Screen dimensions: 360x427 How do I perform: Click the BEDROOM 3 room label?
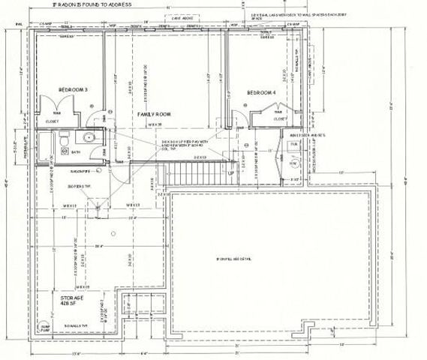pyautogui.click(x=74, y=91)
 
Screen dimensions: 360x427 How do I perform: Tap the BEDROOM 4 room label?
pyautogui.click(x=262, y=92)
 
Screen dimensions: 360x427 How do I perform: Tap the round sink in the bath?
pyautogui.click(x=88, y=137)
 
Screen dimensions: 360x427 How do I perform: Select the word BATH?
pyautogui.click(x=74, y=151)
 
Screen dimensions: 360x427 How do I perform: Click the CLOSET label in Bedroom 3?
pyautogui.click(x=52, y=120)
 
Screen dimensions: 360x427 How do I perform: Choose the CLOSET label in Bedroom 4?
pyautogui.click(x=278, y=118)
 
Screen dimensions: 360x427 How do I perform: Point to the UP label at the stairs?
pyautogui.click(x=230, y=174)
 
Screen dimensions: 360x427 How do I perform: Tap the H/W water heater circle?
pyautogui.click(x=293, y=163)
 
